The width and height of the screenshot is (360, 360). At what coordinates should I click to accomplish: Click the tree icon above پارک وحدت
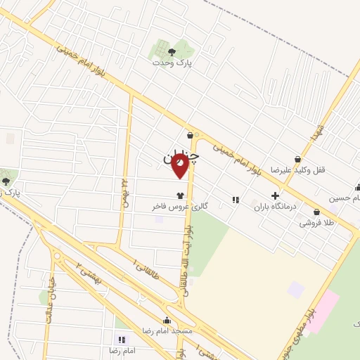[172, 51]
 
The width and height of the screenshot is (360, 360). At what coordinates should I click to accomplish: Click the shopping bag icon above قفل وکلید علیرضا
[298, 160]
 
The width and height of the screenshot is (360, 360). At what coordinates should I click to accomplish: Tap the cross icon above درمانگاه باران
[275, 195]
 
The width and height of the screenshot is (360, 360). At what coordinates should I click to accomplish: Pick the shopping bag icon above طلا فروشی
[317, 212]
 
